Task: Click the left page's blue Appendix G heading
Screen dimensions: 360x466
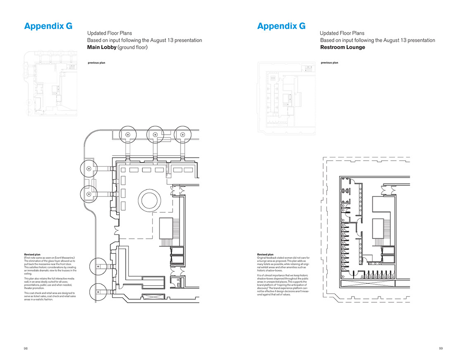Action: pos(48,26)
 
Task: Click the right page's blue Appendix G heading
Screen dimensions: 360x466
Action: pos(281,26)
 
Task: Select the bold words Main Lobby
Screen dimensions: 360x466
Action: pos(102,47)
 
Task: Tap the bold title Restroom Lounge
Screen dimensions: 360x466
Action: pos(342,47)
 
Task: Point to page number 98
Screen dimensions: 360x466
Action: pos(26,348)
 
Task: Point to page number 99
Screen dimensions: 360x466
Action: pos(440,348)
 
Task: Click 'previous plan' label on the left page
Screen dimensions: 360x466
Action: pos(97,63)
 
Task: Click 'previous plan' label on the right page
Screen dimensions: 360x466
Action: pos(329,63)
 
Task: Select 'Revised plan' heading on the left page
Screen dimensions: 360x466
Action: pos(33,255)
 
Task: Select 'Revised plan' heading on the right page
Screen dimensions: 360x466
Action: pos(265,255)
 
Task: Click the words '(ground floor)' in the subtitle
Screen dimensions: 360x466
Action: pos(133,47)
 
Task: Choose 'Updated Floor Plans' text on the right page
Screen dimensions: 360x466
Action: pos(342,33)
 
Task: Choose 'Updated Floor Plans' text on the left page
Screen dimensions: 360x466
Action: pos(109,33)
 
